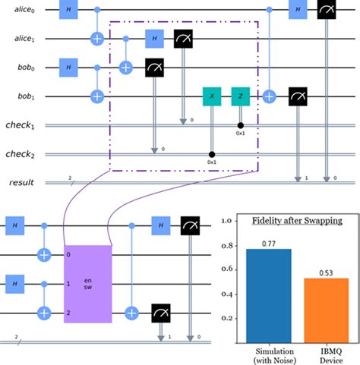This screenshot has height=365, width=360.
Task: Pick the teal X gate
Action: click(x=212, y=97)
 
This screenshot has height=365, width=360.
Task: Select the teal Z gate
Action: click(x=241, y=97)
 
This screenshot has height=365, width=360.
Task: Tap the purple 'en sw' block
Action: click(x=87, y=283)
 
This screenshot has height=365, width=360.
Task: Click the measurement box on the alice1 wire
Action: click(x=183, y=38)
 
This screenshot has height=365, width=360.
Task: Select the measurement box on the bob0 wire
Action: click(x=154, y=68)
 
